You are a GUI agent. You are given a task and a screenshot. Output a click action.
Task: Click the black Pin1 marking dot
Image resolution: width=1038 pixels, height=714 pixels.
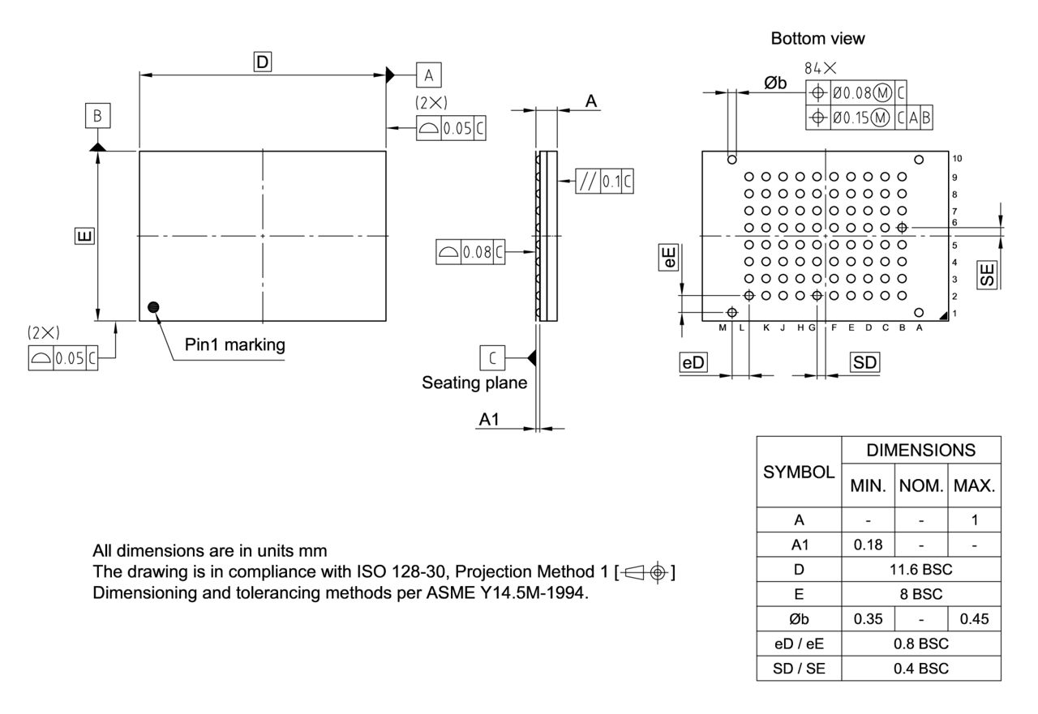point(153,306)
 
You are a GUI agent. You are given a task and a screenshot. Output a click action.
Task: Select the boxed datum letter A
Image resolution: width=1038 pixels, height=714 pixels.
point(429,75)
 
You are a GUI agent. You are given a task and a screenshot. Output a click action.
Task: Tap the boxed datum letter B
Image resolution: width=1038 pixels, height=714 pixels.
point(97,116)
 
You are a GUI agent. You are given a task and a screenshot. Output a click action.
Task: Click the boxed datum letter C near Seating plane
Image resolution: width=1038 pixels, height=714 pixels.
point(492,357)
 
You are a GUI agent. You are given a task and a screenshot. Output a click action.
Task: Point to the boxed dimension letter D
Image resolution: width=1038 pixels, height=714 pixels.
point(262,62)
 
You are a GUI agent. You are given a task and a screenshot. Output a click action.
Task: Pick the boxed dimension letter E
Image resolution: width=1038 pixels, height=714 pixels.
point(84,236)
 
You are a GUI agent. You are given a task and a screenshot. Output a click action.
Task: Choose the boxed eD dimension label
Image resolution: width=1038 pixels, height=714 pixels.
point(693,363)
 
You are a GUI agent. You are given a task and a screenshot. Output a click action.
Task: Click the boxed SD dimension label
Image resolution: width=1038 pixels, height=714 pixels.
point(865,363)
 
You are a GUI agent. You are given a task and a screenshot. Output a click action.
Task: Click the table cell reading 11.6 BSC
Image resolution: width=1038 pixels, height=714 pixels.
point(920,570)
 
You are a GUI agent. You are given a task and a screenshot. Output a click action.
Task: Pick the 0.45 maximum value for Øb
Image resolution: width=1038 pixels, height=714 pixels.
point(974,619)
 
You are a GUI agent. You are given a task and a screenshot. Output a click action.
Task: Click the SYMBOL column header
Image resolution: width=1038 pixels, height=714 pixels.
point(798,472)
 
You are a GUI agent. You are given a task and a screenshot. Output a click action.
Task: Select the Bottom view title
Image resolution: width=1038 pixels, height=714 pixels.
point(817,38)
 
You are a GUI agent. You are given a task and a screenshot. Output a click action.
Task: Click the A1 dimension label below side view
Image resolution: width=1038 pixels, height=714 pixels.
point(490,419)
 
